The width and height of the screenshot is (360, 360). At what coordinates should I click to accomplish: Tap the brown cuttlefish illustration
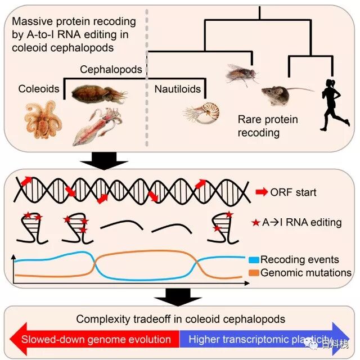tap(98, 93)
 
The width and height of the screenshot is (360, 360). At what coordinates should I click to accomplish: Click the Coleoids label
tap(38, 89)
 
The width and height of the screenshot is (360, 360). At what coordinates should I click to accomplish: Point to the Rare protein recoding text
tap(267, 126)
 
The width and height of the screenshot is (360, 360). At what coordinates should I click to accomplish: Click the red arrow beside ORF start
tap(262, 192)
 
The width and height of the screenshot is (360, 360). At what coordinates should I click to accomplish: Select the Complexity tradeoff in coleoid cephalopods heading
tap(181, 319)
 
